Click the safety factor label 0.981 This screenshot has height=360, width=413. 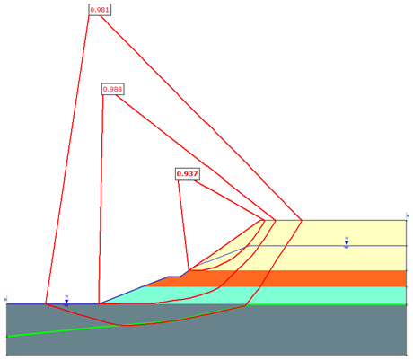click(x=100, y=10)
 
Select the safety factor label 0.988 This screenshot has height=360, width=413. click(x=112, y=89)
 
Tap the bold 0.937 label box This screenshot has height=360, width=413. click(x=188, y=174)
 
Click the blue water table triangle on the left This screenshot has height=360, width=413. click(x=66, y=301)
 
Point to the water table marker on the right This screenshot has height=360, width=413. click(x=347, y=242)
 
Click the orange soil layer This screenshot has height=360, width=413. click(x=299, y=278)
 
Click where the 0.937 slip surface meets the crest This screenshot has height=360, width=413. click(x=265, y=220)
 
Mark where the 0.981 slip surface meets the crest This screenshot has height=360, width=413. click(x=302, y=220)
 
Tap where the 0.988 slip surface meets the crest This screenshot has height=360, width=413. click(x=276, y=220)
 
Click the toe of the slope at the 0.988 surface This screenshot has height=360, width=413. click(x=99, y=303)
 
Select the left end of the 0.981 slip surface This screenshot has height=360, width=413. click(x=46, y=303)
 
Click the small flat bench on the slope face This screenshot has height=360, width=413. click(x=174, y=277)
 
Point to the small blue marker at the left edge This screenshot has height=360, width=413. click(x=5, y=299)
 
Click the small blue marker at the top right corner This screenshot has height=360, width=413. click(x=408, y=215)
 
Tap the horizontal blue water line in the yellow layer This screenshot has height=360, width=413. click(x=327, y=246)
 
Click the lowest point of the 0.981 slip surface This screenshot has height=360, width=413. click(x=122, y=325)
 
